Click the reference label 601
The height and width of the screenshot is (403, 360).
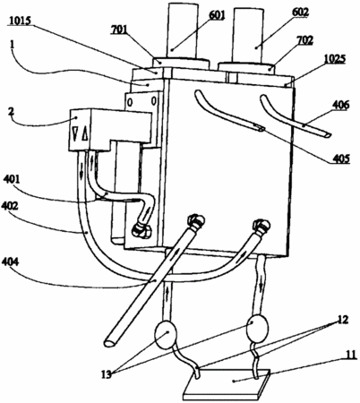tap(217, 15)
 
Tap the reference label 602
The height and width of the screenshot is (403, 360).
tap(300, 12)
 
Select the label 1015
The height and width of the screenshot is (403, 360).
tap(21, 21)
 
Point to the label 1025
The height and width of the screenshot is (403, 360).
tap(334, 59)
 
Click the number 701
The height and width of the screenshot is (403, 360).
tap(119, 30)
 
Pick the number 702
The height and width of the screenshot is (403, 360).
tap(304, 40)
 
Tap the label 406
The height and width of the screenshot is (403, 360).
tap(340, 105)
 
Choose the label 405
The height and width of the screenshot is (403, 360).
tap(340, 159)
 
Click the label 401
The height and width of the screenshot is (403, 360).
tap(12, 179)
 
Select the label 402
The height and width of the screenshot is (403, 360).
tap(10, 206)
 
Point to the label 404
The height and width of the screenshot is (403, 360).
tap(10, 262)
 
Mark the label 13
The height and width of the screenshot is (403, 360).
tap(106, 374)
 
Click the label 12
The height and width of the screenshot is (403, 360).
tap(342, 320)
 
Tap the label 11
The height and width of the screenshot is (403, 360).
tap(351, 355)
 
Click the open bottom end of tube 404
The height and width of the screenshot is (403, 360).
tap(109, 343)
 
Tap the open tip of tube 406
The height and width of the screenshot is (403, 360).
tap(327, 135)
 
